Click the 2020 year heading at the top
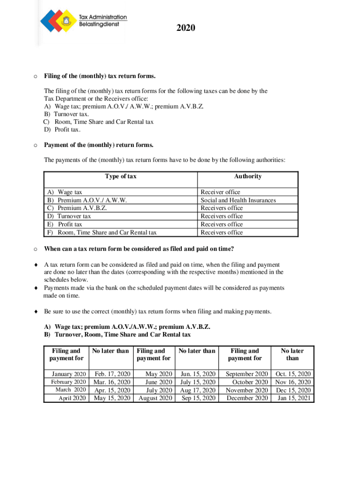pos(186,29)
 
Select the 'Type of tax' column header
pos(121,176)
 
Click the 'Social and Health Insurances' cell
pos(238,200)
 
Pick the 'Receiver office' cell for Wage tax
pos(220,192)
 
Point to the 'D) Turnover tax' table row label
pos(68,216)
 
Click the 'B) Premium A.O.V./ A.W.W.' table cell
pos(86,200)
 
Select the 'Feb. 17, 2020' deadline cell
pos(112,374)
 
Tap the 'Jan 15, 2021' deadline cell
pos(293,398)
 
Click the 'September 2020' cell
pos(247,374)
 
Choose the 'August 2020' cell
pos(155,398)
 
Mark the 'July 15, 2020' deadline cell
pos(198,382)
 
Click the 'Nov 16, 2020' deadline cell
pos(293,382)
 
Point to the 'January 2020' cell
pos(69,374)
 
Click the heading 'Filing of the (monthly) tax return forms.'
pos(99,76)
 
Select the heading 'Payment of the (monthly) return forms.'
pos(99,145)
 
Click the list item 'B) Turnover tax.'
pos(66,114)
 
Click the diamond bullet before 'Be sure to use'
pos(36,312)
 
